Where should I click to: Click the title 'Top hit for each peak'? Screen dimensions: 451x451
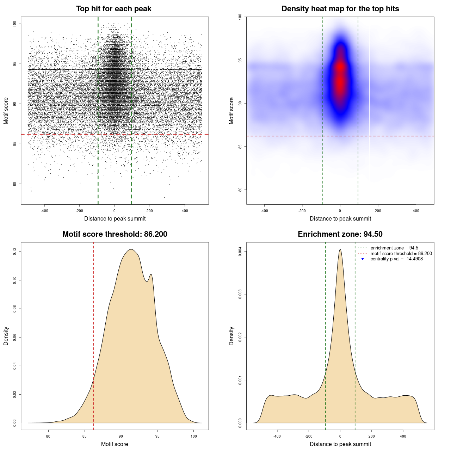[x=113, y=9]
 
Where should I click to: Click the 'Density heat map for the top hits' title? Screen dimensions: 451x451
[x=340, y=9]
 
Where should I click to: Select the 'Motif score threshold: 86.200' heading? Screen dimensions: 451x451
[x=115, y=234]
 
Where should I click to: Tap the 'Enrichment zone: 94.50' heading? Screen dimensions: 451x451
[x=340, y=234]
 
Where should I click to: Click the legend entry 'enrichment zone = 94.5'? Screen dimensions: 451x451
[x=394, y=248]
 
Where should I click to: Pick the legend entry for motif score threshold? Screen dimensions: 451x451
[x=401, y=254]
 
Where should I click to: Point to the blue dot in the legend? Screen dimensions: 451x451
[x=363, y=259]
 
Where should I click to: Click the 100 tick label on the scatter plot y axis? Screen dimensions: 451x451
[x=15, y=24]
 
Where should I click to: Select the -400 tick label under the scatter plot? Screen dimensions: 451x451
[x=44, y=211]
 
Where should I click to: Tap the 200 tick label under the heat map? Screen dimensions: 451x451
[x=378, y=211]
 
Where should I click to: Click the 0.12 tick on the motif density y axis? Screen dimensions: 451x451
[x=15, y=252]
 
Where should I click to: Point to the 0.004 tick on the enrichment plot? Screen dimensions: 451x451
[x=240, y=252]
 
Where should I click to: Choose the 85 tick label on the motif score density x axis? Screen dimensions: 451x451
[x=85, y=437]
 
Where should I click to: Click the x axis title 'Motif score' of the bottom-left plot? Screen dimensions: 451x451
[x=115, y=444]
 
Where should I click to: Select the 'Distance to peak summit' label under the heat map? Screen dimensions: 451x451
[x=340, y=219]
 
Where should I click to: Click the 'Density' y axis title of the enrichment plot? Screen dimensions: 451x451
[x=231, y=336]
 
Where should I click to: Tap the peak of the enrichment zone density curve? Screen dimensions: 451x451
[x=340, y=250]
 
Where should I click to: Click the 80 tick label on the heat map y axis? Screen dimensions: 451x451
[x=240, y=190]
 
